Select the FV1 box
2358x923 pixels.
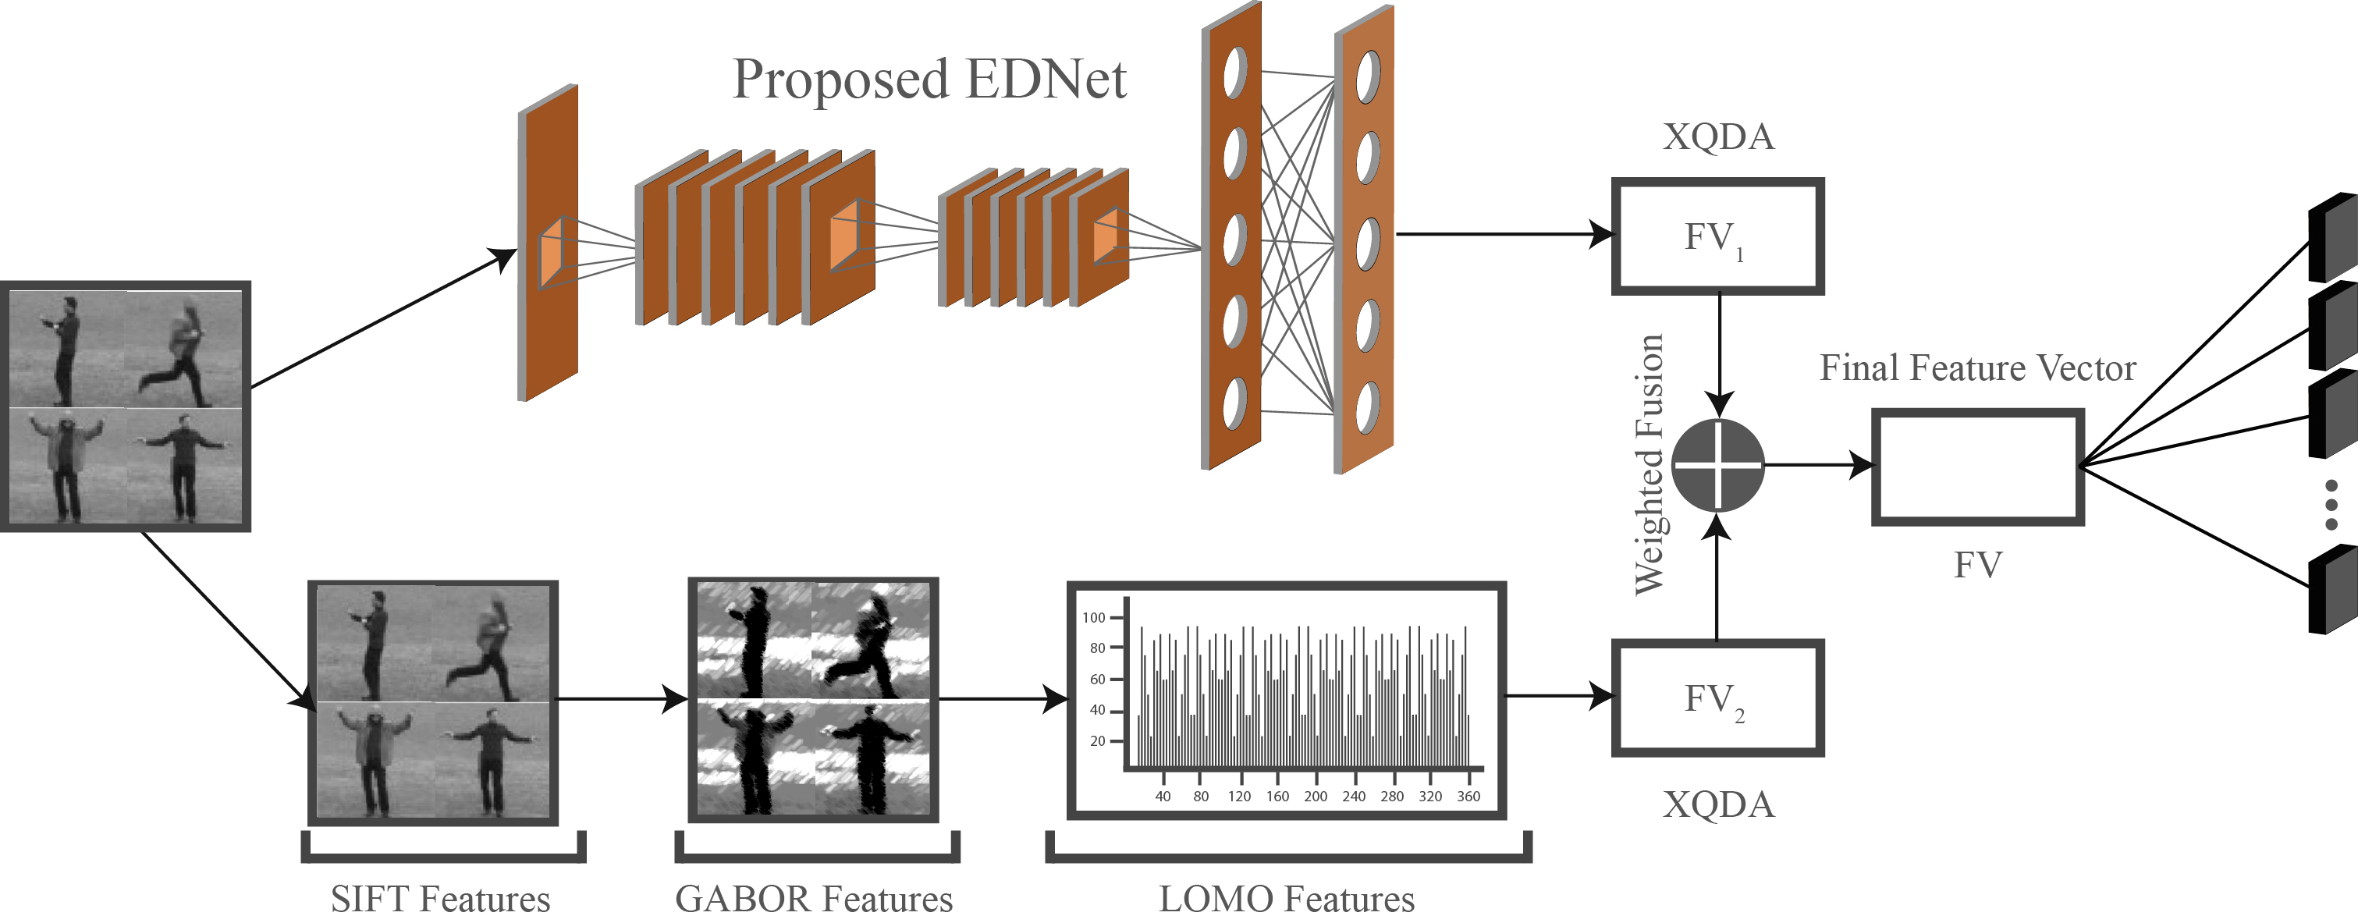pyautogui.click(x=1717, y=236)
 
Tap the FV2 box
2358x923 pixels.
pyautogui.click(x=1717, y=698)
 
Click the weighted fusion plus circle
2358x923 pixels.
pyautogui.click(x=1717, y=465)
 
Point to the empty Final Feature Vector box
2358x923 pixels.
pyautogui.click(x=1977, y=467)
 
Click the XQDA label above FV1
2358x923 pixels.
pyautogui.click(x=1718, y=137)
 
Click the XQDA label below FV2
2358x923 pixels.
pyautogui.click(x=1718, y=804)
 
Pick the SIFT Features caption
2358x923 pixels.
pyautogui.click(x=440, y=898)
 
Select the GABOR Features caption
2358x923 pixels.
pyautogui.click(x=814, y=898)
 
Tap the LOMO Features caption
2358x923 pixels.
pyautogui.click(x=1286, y=898)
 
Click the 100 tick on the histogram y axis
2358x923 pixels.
pyautogui.click(x=1094, y=618)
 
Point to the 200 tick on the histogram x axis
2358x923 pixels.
pyautogui.click(x=1316, y=796)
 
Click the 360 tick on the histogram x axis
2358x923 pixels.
pyautogui.click(x=1468, y=796)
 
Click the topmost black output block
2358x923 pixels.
pyautogui.click(x=2332, y=238)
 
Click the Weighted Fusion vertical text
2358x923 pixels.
pyautogui.click(x=1650, y=465)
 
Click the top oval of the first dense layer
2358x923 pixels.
pyautogui.click(x=1235, y=72)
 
